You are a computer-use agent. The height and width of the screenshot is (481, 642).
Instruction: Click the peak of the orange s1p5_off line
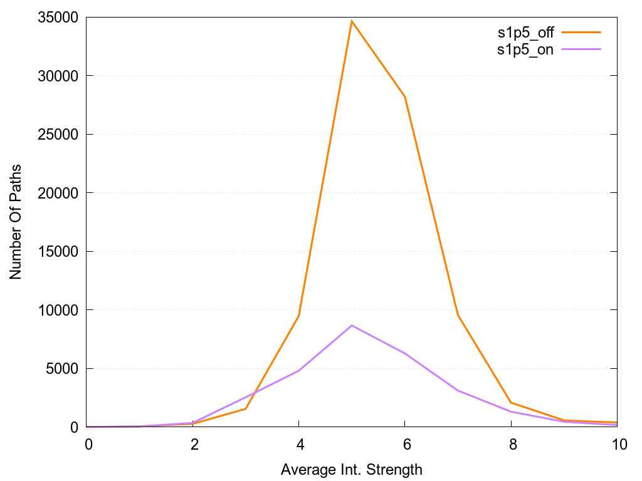[x=352, y=21]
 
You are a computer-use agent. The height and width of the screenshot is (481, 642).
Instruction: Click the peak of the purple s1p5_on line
[x=352, y=326]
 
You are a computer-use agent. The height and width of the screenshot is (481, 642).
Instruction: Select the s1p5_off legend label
[x=525, y=33]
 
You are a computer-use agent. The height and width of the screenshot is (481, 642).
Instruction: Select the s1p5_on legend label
[x=525, y=50]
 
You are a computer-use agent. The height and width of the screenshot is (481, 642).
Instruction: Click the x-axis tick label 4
[x=299, y=445]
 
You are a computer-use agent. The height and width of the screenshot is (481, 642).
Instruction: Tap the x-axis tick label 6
[x=405, y=445]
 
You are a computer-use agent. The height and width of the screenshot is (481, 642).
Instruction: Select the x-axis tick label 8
[x=511, y=445]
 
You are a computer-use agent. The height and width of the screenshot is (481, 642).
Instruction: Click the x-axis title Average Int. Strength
[x=352, y=470]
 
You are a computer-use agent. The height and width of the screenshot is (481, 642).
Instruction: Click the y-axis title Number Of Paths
[x=16, y=222]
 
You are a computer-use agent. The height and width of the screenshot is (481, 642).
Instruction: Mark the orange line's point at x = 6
[x=405, y=96]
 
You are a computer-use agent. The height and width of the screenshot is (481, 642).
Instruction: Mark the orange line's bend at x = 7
[x=458, y=315]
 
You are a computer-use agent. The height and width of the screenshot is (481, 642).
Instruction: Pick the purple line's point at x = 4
[x=299, y=371]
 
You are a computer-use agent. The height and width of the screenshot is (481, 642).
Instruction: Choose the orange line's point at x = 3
[x=246, y=409]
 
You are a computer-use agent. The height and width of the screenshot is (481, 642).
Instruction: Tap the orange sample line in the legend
[x=581, y=32]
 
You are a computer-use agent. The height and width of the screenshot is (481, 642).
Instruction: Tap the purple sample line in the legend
[x=581, y=49]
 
